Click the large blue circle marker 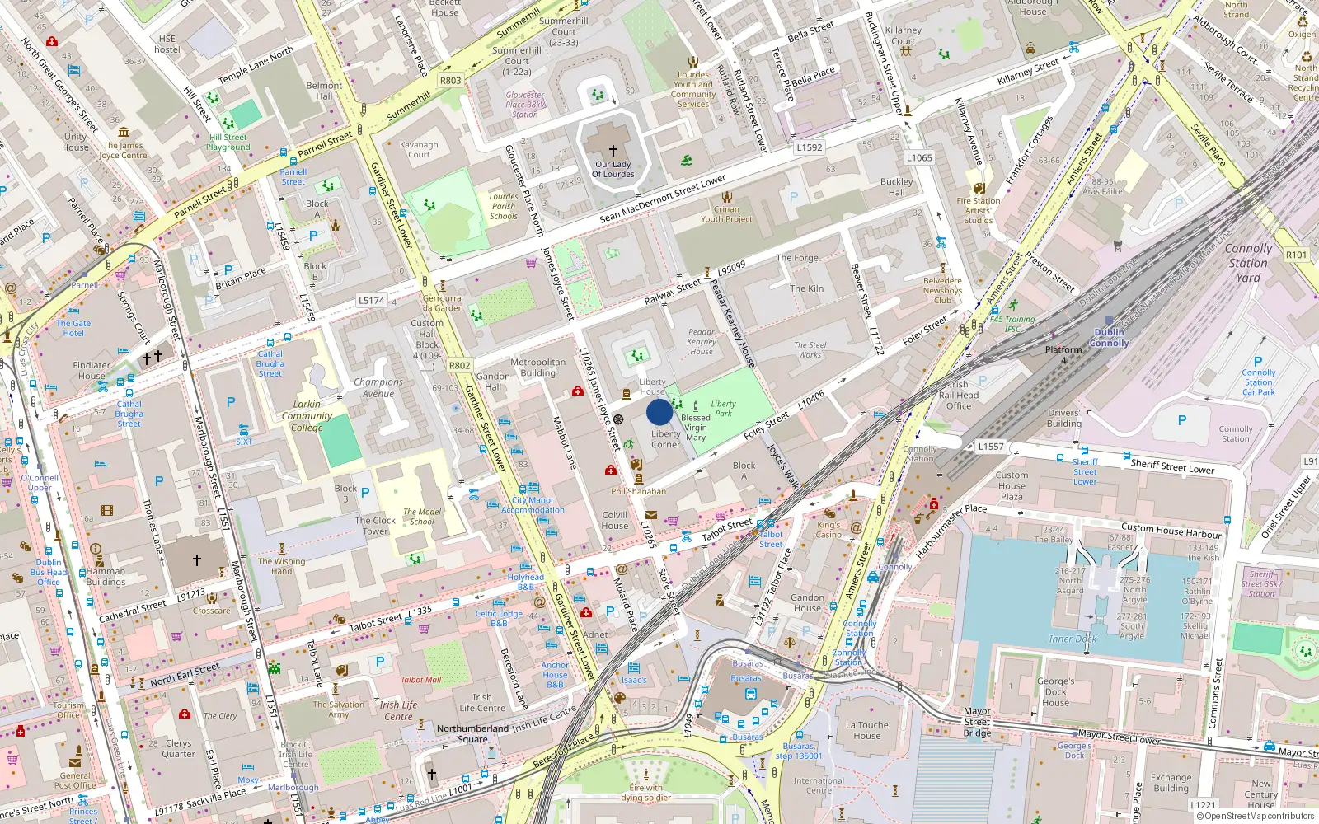click(659, 411)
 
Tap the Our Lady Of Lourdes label click(613, 169)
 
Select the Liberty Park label click(723, 409)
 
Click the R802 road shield click(459, 365)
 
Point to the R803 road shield click(450, 81)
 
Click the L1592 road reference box click(809, 147)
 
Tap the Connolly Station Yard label click(1248, 263)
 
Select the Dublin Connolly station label click(1109, 338)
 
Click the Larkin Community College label click(307, 416)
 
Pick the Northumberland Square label click(472, 733)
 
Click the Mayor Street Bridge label click(977, 722)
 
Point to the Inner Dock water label click(1073, 639)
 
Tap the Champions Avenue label click(378, 387)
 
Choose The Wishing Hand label click(281, 566)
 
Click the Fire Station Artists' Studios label click(979, 210)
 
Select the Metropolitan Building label click(537, 368)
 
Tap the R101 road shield click(1296, 255)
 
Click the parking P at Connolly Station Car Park click(1257, 362)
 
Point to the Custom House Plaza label click(1012, 486)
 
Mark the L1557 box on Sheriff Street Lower click(991, 447)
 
